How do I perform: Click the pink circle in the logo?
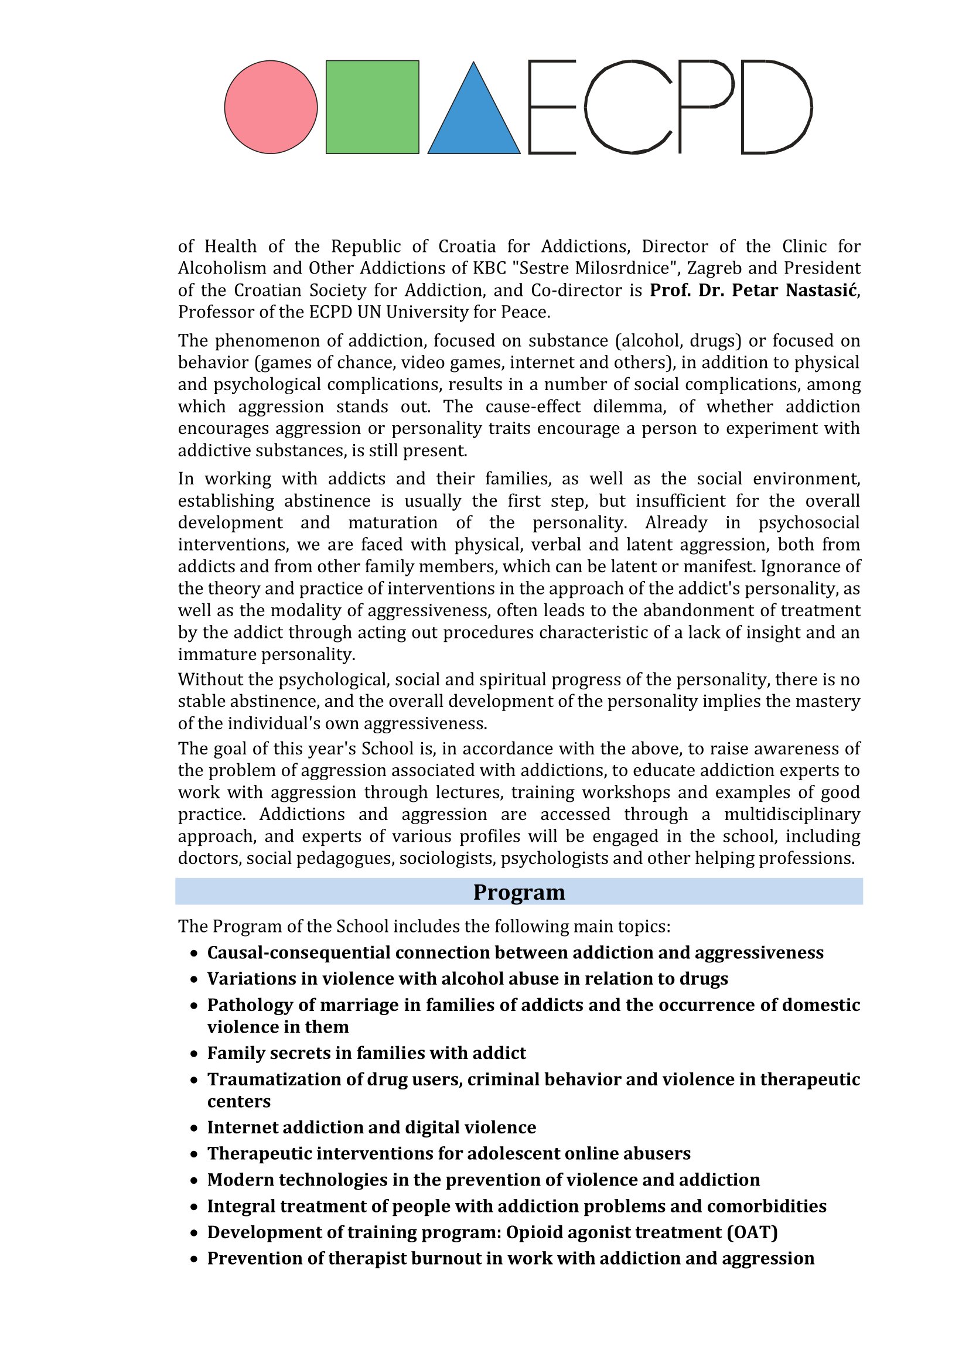271,107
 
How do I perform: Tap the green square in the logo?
373,107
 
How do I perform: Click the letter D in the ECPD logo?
776,107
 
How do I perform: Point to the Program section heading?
518,892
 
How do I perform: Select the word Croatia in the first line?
467,247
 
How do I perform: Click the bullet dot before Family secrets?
193,1054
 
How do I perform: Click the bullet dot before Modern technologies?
193,1181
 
